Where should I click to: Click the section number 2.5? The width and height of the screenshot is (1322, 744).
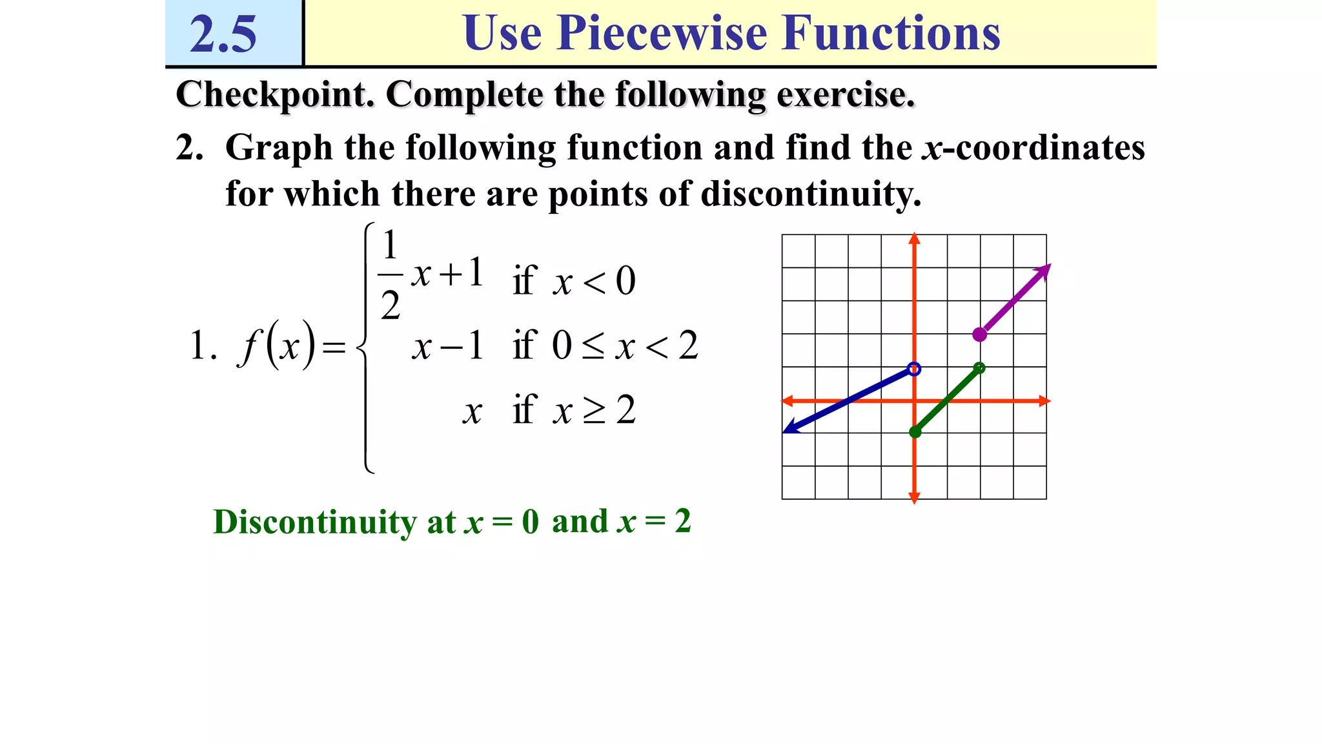tap(223, 34)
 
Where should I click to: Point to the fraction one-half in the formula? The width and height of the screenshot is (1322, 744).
tap(390, 275)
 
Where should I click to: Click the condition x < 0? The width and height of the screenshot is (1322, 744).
tap(594, 282)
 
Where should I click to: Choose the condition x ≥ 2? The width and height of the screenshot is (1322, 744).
tap(594, 410)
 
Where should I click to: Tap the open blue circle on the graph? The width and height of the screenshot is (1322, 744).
tap(914, 369)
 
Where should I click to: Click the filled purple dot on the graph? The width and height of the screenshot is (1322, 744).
tap(980, 335)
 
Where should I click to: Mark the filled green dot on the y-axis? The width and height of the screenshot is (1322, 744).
tap(915, 432)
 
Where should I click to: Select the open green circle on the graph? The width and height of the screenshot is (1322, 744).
tap(979, 368)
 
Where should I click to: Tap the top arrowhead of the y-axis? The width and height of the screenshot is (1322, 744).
tap(914, 238)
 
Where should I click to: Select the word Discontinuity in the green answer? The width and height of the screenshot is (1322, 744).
tap(315, 522)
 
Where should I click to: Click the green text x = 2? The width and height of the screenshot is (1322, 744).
tap(654, 521)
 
